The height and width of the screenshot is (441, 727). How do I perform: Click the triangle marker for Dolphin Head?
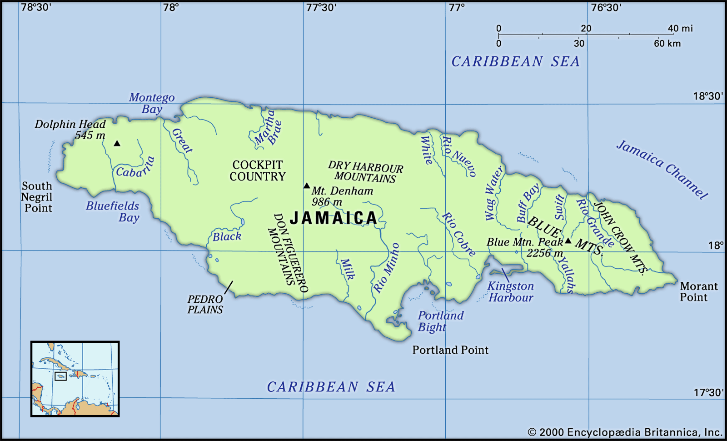click(x=117, y=144)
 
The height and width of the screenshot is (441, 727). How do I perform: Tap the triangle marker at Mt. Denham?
click(x=307, y=185)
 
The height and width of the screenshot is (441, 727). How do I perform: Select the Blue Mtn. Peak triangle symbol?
click(x=568, y=241)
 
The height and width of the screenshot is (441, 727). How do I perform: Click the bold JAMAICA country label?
click(x=334, y=218)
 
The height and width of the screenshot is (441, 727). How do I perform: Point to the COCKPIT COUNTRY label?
click(x=257, y=171)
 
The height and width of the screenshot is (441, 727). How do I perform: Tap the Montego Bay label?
click(x=152, y=103)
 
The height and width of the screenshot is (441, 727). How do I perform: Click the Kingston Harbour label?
click(x=511, y=292)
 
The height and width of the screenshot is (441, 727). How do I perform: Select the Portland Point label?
click(x=450, y=350)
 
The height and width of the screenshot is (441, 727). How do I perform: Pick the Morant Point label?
click(x=698, y=292)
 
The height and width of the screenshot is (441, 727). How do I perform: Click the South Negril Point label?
click(x=37, y=197)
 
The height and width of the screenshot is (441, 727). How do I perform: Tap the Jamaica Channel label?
click(x=662, y=170)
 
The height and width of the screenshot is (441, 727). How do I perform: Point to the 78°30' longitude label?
click(x=36, y=7)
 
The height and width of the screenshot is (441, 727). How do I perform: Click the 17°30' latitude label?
click(x=708, y=392)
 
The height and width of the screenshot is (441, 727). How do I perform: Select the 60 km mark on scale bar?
click(x=667, y=44)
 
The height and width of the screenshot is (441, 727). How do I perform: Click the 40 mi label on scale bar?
click(x=680, y=28)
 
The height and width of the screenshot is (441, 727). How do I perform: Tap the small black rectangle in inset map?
click(x=60, y=376)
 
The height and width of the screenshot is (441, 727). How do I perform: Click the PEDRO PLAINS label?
click(x=205, y=305)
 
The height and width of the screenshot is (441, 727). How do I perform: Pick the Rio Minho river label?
click(x=387, y=268)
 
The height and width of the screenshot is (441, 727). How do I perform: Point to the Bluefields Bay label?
click(x=113, y=212)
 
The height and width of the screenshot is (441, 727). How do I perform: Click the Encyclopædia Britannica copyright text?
click(x=625, y=432)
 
